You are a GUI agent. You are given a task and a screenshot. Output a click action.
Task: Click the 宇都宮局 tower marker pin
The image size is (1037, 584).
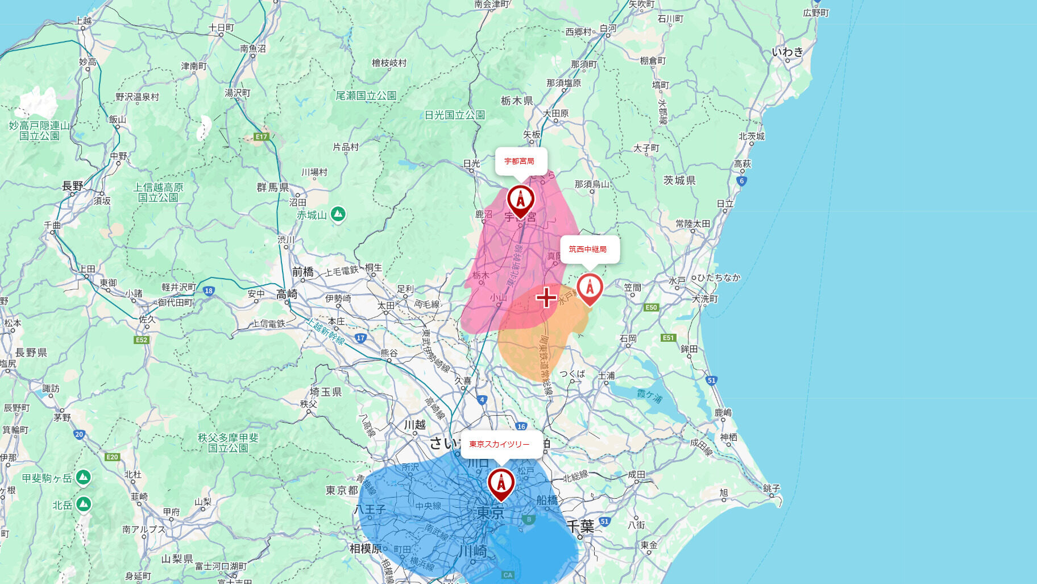(x=520, y=200)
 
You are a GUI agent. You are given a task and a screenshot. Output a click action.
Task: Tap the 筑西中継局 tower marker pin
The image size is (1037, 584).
(x=590, y=288)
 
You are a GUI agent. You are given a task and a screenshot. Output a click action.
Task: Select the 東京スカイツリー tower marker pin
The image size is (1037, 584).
(x=501, y=483)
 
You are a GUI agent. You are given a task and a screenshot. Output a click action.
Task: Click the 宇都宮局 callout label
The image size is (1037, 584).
(x=520, y=161)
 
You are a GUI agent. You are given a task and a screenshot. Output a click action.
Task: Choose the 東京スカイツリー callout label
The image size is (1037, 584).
(x=500, y=444)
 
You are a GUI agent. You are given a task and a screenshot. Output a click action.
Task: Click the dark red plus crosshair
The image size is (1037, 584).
(x=546, y=297)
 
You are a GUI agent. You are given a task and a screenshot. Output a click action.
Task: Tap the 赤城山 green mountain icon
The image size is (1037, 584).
(x=338, y=214)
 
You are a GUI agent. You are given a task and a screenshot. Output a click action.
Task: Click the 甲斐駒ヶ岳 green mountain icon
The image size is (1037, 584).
(x=84, y=477)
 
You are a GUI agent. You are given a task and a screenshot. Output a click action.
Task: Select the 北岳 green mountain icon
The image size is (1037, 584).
(x=84, y=504)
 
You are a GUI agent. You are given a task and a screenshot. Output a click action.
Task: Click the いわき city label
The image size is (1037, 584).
(x=787, y=52)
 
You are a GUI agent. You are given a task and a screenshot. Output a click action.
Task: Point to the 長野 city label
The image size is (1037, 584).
(x=72, y=186)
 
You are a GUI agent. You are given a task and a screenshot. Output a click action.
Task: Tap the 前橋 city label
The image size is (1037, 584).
(x=302, y=272)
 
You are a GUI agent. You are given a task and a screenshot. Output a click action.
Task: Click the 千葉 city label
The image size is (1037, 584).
(x=580, y=526)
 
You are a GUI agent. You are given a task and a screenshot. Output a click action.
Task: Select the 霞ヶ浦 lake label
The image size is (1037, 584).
(x=649, y=396)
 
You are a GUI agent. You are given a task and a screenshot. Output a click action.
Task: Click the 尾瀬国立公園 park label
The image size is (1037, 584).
(x=366, y=96)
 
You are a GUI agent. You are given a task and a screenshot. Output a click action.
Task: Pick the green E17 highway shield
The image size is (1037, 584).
(x=261, y=136)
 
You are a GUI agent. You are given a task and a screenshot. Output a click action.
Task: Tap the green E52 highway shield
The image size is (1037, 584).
(x=142, y=340)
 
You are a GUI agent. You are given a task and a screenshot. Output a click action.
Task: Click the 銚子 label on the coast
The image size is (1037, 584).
(x=771, y=488)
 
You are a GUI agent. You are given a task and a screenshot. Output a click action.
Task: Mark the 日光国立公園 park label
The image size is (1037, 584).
(x=454, y=115)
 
